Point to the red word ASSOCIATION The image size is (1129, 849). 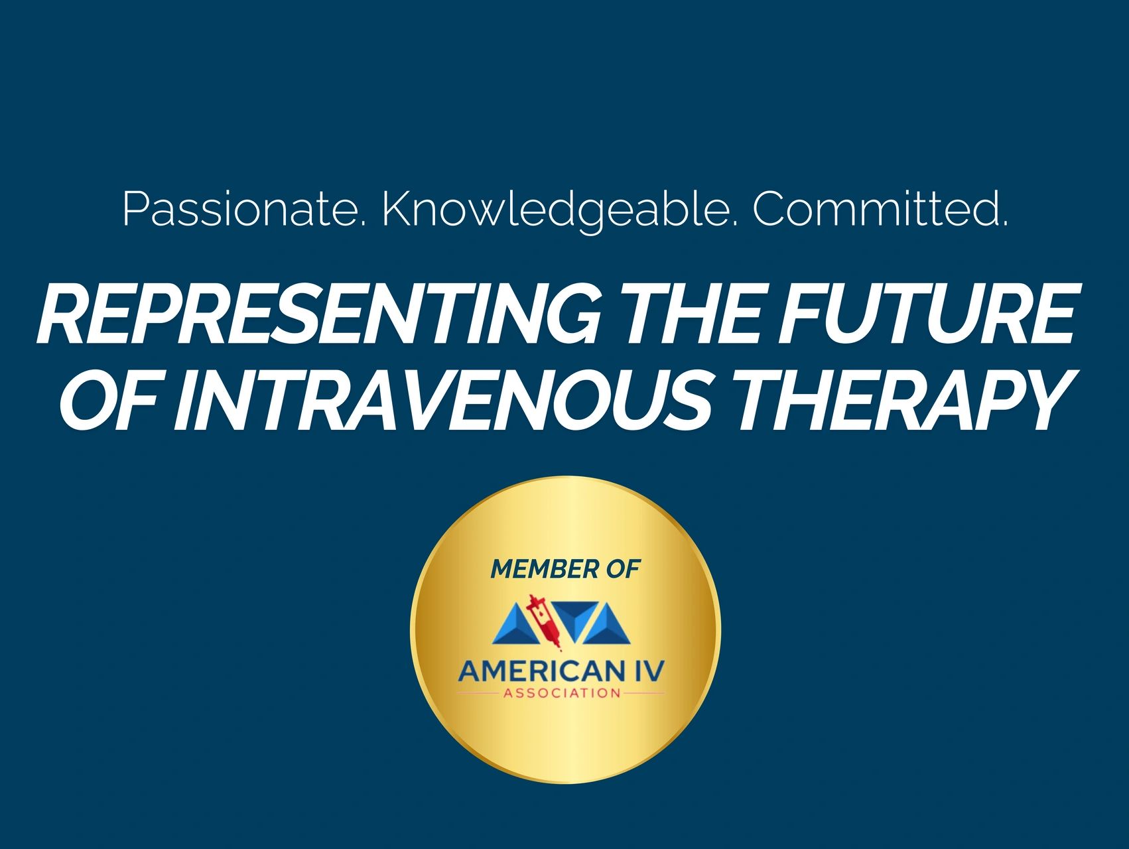[562, 694]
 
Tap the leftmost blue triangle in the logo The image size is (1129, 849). [514, 627]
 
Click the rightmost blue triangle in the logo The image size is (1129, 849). [608, 627]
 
